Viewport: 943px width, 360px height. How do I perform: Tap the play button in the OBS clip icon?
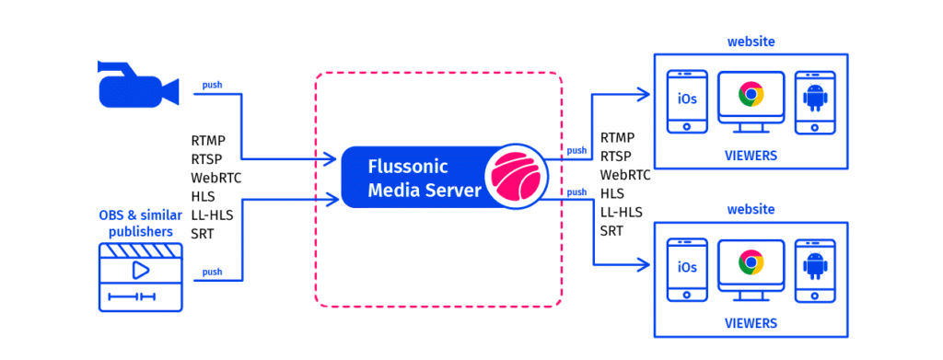140,270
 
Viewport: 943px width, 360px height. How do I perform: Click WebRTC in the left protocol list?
216,178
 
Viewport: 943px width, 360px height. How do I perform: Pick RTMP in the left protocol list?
209,141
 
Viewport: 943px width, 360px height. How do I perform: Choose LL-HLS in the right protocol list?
622,212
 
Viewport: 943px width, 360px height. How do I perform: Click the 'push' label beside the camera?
212,86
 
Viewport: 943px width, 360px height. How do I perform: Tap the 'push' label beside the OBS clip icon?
212,272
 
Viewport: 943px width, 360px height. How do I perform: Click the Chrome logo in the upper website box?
751,95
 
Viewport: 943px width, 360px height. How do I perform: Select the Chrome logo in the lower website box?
751,263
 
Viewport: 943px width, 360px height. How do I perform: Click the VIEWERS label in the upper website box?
750,156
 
